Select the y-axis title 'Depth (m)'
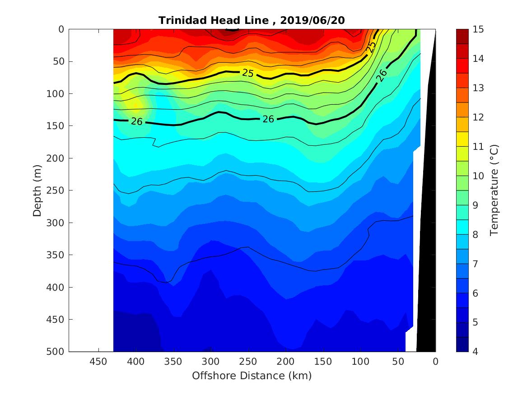point(38,190)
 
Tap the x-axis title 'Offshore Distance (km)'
point(252,376)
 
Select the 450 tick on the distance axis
point(98,362)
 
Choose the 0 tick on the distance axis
point(435,362)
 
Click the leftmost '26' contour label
point(137,121)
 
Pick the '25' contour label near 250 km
point(247,73)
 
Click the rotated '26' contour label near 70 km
point(382,75)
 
